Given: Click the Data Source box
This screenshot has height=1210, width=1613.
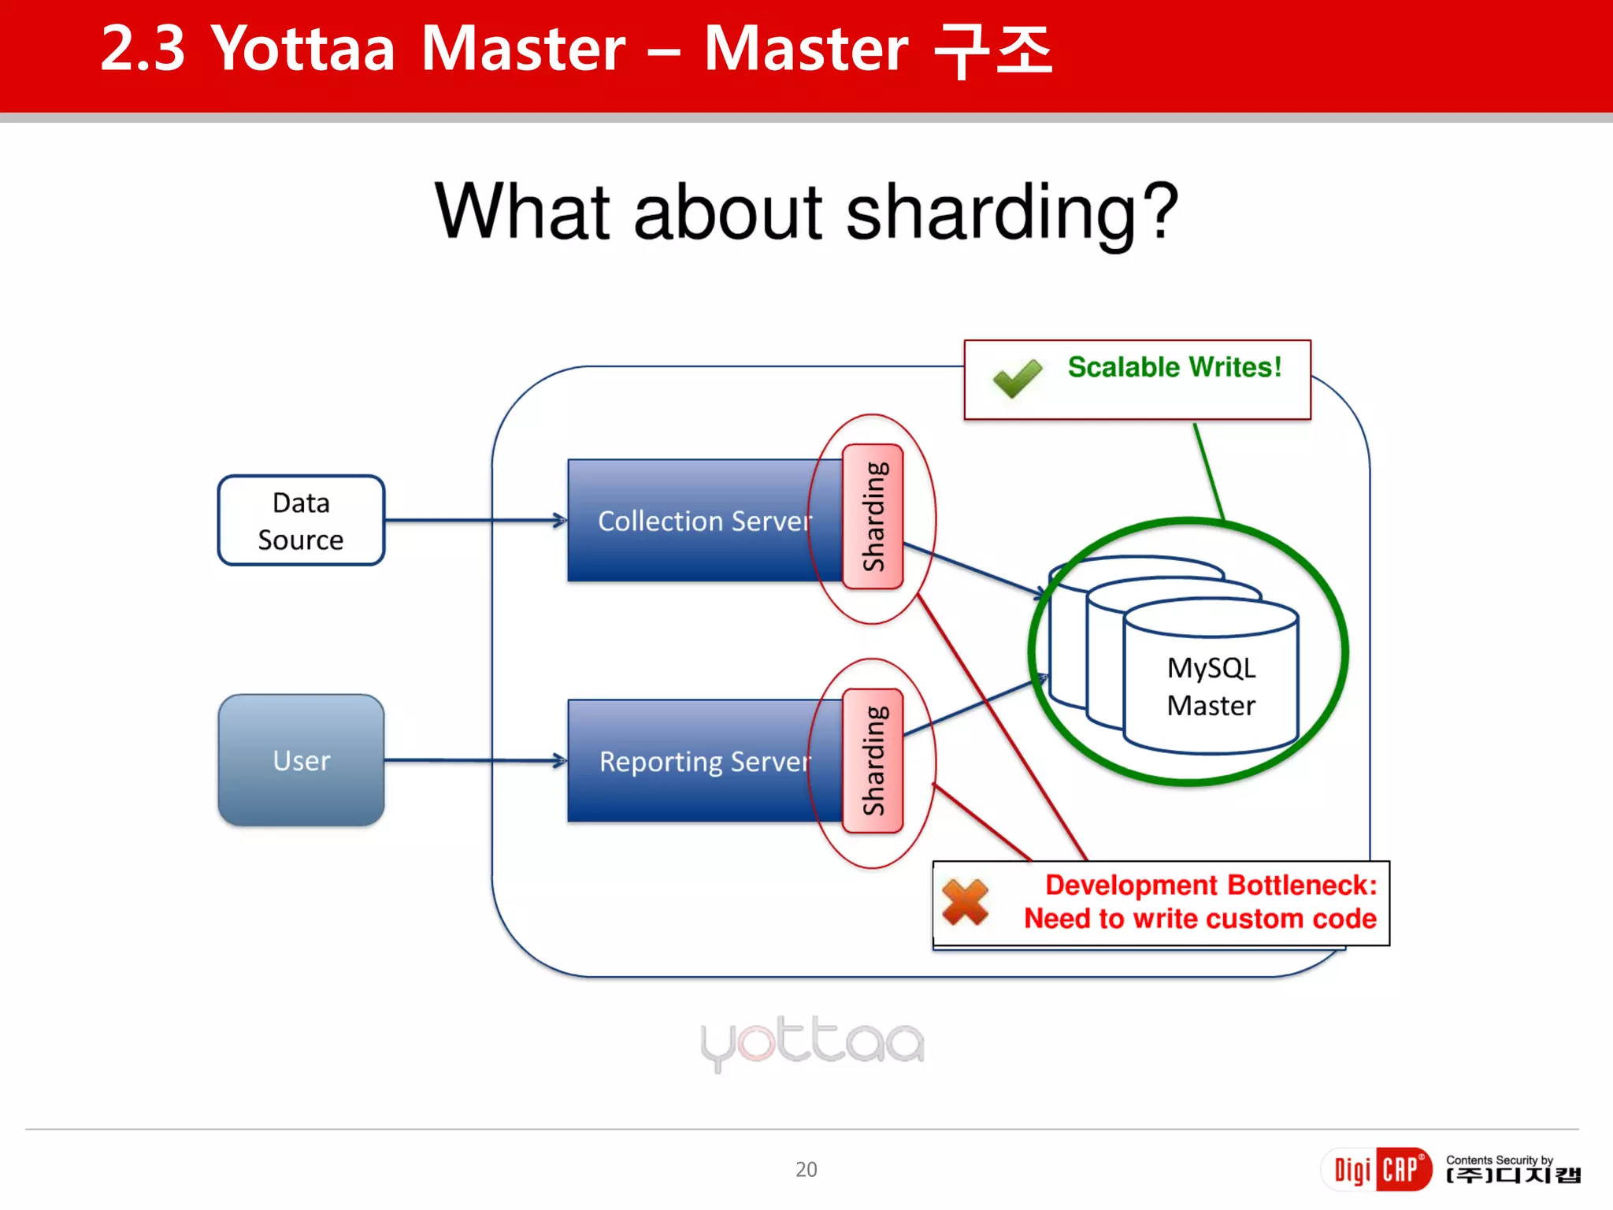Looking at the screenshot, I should [301, 520].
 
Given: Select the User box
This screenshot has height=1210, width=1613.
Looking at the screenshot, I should [301, 760].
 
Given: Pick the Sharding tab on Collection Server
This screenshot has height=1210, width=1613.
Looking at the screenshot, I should [873, 517].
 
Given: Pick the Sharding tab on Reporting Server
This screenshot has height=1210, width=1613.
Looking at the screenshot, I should [873, 761].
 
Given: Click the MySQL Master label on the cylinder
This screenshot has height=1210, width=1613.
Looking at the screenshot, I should [1211, 686].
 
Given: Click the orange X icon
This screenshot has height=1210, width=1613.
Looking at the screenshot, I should [965, 902].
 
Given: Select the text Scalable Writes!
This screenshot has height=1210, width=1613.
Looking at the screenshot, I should [1174, 367].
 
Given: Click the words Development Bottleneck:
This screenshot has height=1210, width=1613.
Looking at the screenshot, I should [1211, 885].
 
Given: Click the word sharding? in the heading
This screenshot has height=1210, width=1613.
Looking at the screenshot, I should [1011, 211].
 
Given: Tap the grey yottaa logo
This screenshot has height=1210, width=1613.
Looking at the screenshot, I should [812, 1042].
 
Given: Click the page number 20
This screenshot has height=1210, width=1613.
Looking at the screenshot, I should [806, 1169].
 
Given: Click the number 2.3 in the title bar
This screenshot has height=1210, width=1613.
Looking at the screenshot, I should [143, 49].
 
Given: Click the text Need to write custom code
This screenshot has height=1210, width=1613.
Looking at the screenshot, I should [1200, 919].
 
